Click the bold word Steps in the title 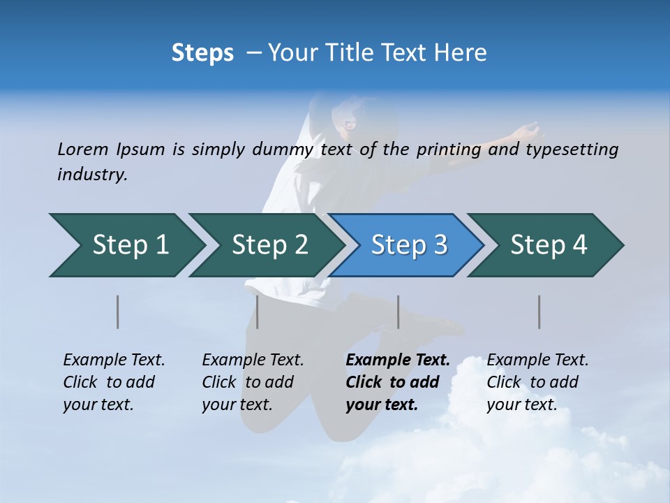click(202, 53)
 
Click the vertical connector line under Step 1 click(118, 312)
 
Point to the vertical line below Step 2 click(258, 312)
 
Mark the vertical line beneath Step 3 click(399, 312)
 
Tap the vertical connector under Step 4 click(539, 312)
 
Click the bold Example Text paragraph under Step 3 click(397, 382)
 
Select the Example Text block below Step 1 click(114, 382)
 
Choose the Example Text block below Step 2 click(253, 382)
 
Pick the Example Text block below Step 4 click(537, 382)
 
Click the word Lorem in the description click(83, 150)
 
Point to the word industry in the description click(92, 175)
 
